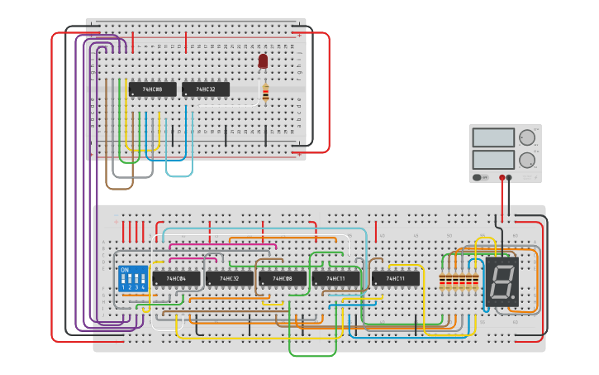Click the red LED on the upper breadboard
(263, 60)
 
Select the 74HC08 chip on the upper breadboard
(152, 89)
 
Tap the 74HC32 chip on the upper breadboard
(205, 89)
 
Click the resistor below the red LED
(264, 94)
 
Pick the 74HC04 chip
(175, 279)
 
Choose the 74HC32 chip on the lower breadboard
(229, 279)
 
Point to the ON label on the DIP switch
(125, 270)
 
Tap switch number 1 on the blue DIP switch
(123, 281)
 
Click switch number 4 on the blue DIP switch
(143, 281)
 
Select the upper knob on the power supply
(526, 137)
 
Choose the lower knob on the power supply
(526, 160)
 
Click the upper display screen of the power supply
(493, 137)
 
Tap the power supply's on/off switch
(479, 177)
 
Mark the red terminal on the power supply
(502, 177)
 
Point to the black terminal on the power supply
(509, 177)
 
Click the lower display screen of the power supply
(493, 159)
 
